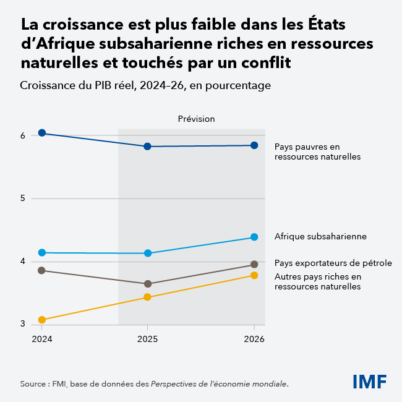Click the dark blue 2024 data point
pyautogui.click(x=42, y=133)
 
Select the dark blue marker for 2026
pyautogui.click(x=254, y=145)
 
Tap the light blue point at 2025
pyautogui.click(x=148, y=253)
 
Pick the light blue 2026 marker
pyautogui.click(x=254, y=237)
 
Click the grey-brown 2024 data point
pyautogui.click(x=42, y=270)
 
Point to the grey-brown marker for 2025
pyautogui.click(x=148, y=284)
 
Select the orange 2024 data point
pyautogui.click(x=42, y=320)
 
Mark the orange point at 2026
pyautogui.click(x=254, y=275)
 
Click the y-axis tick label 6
pyautogui.click(x=23, y=135)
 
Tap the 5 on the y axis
pyautogui.click(x=23, y=199)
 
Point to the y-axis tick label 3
pyautogui.click(x=23, y=324)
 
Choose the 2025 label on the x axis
pyautogui.click(x=147, y=339)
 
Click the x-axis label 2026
pyautogui.click(x=254, y=339)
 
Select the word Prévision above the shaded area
pyautogui.click(x=196, y=119)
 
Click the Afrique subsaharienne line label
pyautogui.click(x=320, y=236)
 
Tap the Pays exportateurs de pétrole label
pyautogui.click(x=333, y=263)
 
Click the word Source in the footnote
pyautogui.click(x=33, y=383)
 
